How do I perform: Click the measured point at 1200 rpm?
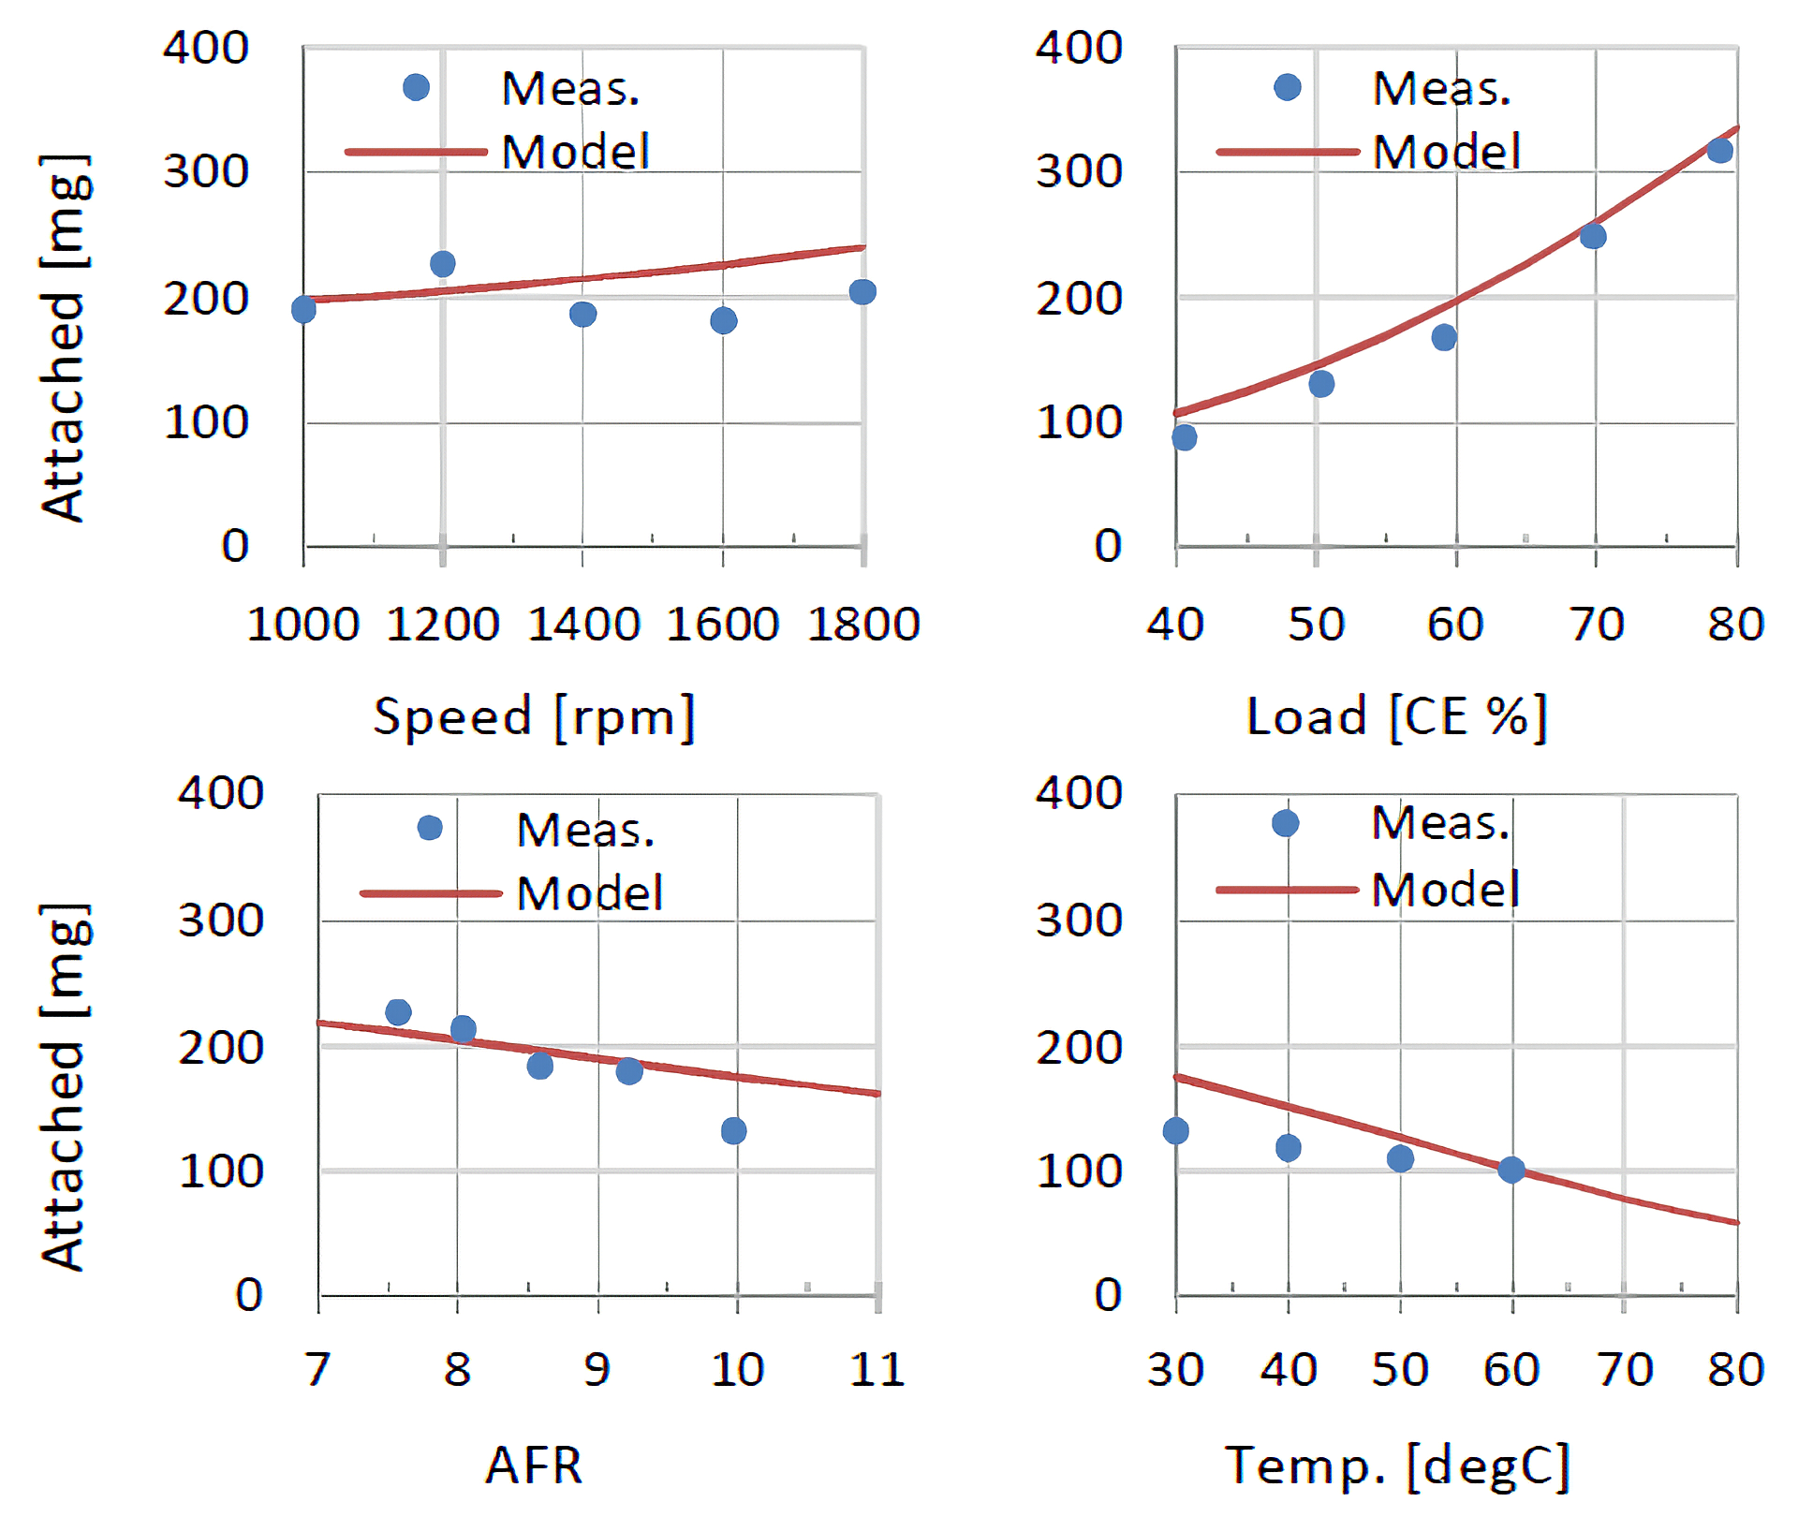443,264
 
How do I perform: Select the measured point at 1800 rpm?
862,292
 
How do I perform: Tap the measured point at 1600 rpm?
723,321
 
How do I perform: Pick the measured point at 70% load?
1593,236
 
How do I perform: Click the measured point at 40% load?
1184,437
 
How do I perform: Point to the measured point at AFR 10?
734,1131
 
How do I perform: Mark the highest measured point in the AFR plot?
398,1012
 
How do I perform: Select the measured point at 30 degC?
1176,1131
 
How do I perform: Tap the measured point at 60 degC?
1511,1170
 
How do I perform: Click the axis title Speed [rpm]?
534,717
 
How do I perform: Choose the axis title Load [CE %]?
1396,717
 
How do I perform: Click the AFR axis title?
534,1465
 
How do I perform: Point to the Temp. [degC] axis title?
1396,1465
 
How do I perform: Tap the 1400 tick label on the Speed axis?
583,625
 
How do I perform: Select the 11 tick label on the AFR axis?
877,1370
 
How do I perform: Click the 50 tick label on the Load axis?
1316,625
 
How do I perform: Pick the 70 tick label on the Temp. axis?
1625,1370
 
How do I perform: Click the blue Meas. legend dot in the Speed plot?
416,88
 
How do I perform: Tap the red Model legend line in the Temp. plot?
1287,890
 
